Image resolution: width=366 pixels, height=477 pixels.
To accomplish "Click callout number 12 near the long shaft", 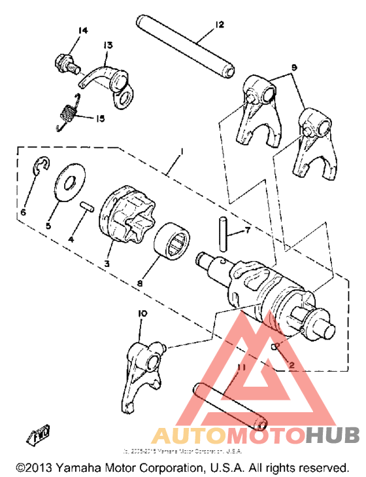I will (220, 25).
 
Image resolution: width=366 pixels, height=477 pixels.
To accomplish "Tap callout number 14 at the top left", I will (82, 31).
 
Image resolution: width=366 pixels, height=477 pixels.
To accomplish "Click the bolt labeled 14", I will (63, 63).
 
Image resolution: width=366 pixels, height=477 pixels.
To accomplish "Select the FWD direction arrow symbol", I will (35, 434).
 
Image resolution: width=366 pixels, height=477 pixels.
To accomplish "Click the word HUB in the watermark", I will (332, 435).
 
